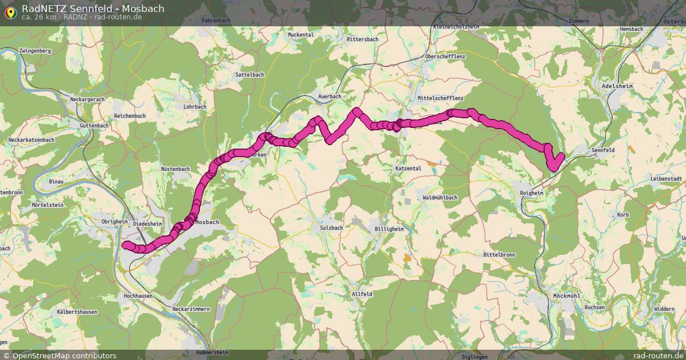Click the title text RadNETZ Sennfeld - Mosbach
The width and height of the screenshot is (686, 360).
pyautogui.click(x=93, y=9)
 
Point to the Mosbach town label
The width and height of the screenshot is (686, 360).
pyautogui.click(x=207, y=222)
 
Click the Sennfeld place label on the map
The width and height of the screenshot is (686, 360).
pyautogui.click(x=603, y=150)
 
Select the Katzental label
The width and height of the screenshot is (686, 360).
pyautogui.click(x=408, y=169)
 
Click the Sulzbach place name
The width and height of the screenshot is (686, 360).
pyautogui.click(x=331, y=227)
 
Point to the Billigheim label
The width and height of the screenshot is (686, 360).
pyautogui.click(x=389, y=229)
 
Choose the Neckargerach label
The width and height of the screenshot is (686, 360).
pyautogui.click(x=87, y=99)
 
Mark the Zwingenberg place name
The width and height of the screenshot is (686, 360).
pyautogui.click(x=35, y=51)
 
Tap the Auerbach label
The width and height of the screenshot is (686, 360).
pyautogui.click(x=329, y=97)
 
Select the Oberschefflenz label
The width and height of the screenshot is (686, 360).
pyautogui.click(x=445, y=57)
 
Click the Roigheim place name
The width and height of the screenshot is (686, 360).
pyautogui.click(x=532, y=193)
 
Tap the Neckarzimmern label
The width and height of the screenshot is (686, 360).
pyautogui.click(x=191, y=309)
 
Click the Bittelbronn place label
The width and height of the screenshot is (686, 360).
pyautogui.click(x=500, y=254)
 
